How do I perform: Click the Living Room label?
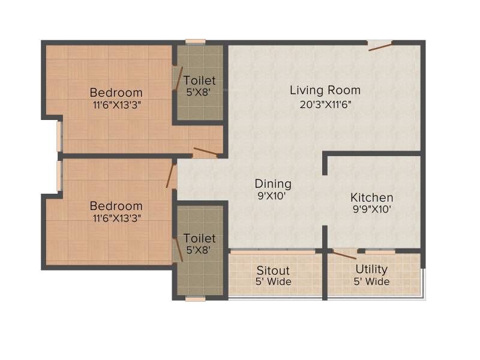(x=325, y=91)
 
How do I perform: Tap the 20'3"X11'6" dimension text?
(x=325, y=104)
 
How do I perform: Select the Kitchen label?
(x=371, y=197)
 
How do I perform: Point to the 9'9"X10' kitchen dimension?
(x=371, y=209)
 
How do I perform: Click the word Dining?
(x=273, y=184)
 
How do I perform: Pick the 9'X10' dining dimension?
(x=272, y=196)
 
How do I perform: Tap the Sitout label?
(x=273, y=271)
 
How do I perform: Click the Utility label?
(x=371, y=269)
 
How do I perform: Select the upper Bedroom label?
(x=116, y=92)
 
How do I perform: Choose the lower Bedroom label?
(x=116, y=206)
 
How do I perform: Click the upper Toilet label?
(x=200, y=80)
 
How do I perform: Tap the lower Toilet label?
(x=200, y=238)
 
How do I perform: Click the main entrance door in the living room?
(x=380, y=47)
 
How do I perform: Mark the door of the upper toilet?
(x=178, y=79)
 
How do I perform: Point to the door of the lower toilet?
(x=178, y=250)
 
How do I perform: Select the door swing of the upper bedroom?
(x=205, y=152)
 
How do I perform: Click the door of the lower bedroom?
(x=171, y=176)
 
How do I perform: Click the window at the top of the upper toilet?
(x=196, y=42)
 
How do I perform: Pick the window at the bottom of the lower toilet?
(x=196, y=298)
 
